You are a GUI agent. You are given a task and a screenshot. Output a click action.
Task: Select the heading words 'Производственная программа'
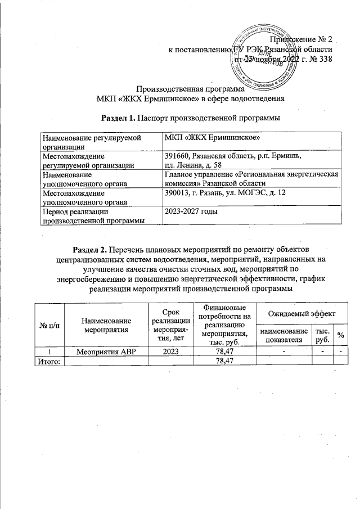pyautogui.click(x=191, y=89)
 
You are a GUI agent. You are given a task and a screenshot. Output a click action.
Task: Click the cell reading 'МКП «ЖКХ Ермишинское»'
pyautogui.click(x=202, y=138)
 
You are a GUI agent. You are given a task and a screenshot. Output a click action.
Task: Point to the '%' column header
pyautogui.click(x=340, y=335)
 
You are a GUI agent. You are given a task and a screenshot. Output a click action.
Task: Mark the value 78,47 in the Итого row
pyautogui.click(x=224, y=361)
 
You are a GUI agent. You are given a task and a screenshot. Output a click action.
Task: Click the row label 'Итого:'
pyautogui.click(x=49, y=361)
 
